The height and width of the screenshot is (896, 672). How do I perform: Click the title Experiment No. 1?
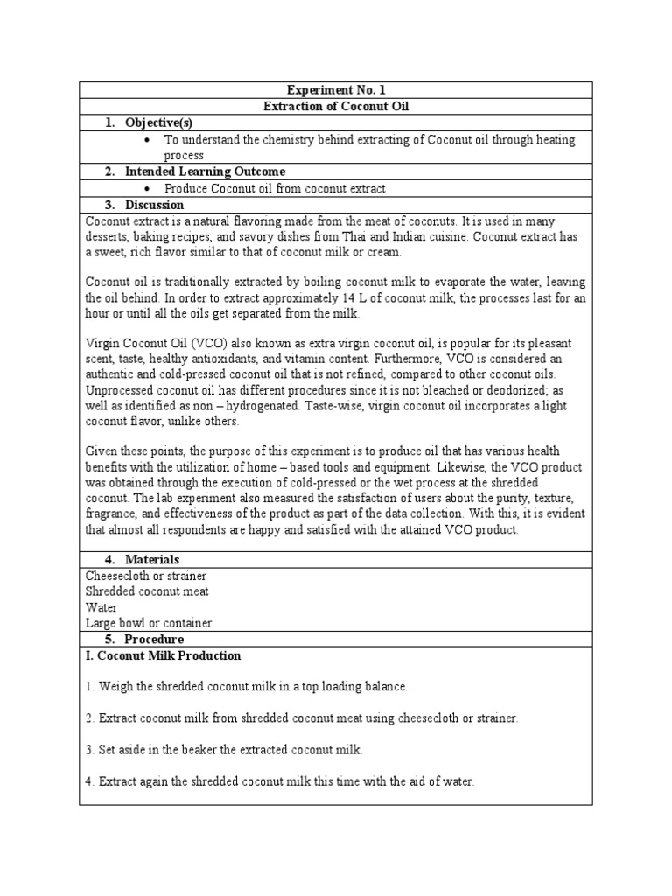click(x=336, y=90)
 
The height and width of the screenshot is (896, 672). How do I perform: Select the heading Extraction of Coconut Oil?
click(x=336, y=107)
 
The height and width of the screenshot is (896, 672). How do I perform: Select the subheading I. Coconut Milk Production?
click(x=163, y=655)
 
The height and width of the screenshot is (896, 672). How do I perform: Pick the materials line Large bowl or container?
click(x=149, y=624)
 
